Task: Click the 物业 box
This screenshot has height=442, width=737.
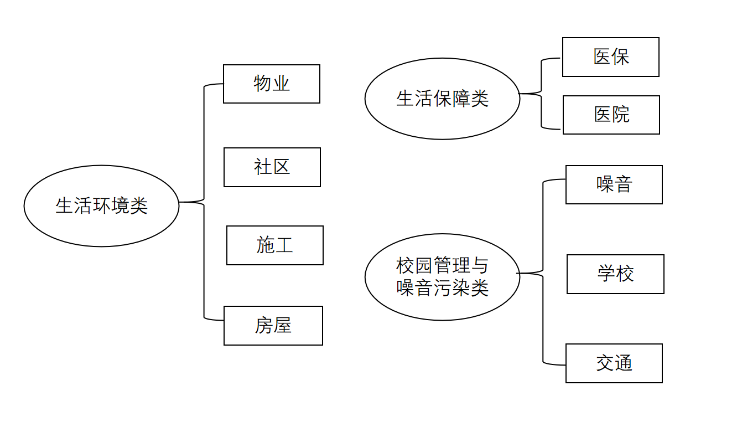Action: click(272, 84)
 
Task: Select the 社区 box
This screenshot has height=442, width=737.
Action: click(272, 167)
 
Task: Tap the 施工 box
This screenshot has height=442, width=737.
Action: click(275, 245)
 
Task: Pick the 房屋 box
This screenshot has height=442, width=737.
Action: click(273, 326)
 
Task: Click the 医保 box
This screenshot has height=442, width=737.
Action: click(611, 57)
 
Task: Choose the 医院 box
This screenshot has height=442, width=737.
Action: click(611, 115)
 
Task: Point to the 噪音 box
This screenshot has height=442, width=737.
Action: click(614, 185)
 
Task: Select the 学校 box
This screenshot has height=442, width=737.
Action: click(615, 274)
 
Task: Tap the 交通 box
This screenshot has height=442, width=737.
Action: click(614, 363)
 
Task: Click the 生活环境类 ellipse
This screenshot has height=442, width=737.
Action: click(102, 206)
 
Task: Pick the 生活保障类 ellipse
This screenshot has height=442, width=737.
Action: click(443, 99)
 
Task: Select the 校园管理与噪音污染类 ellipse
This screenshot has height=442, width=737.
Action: click(443, 277)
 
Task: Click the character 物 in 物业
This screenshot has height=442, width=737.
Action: click(263, 84)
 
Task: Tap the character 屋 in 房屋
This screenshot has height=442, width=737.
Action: click(283, 326)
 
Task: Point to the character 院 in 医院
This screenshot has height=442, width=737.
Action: click(621, 115)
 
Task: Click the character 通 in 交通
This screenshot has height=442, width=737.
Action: click(624, 363)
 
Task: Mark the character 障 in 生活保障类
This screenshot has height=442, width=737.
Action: click(461, 99)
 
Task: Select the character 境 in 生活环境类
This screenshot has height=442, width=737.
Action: click(121, 206)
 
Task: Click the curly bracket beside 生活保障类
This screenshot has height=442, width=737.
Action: click(541, 94)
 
